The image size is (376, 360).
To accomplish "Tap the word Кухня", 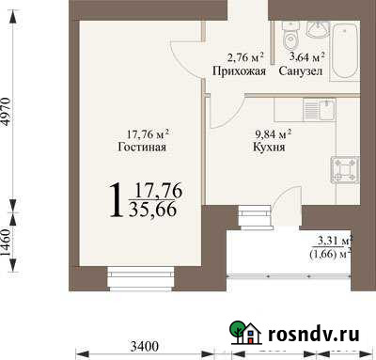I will pyautogui.click(x=270, y=148).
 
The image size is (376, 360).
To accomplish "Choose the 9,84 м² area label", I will pyautogui.click(x=270, y=133).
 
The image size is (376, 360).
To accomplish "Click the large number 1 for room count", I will pyautogui.click(x=116, y=199).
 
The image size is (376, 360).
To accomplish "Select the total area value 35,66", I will pyautogui.click(x=155, y=209).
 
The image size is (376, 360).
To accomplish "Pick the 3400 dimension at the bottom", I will pyautogui.click(x=144, y=347).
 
